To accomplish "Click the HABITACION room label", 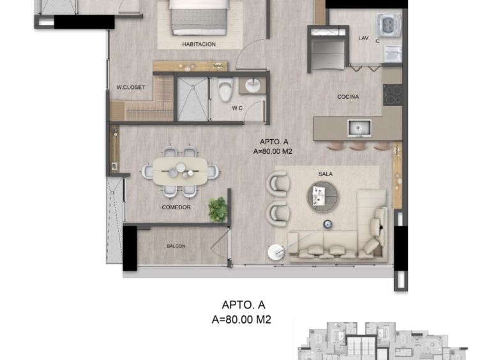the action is (x=199, y=45).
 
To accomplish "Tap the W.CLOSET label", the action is (x=131, y=87).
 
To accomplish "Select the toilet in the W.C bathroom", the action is (x=225, y=89).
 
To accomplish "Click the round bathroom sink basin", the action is (x=253, y=85).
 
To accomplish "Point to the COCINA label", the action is (x=348, y=97).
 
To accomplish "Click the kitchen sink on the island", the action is (x=359, y=128).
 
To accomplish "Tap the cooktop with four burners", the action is (x=393, y=94).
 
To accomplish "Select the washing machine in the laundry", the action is (x=389, y=24).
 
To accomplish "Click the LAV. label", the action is (x=364, y=38).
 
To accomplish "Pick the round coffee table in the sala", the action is (x=322, y=196).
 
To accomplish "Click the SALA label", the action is (x=326, y=174).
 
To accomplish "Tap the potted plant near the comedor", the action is (x=218, y=210).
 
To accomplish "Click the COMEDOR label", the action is (x=176, y=207).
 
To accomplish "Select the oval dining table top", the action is (x=180, y=172).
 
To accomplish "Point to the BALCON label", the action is (x=176, y=246).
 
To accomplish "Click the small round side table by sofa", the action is (x=276, y=251).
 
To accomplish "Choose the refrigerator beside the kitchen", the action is (x=328, y=55).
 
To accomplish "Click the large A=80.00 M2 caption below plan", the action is (x=241, y=320).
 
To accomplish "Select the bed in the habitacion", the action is (x=199, y=17).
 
